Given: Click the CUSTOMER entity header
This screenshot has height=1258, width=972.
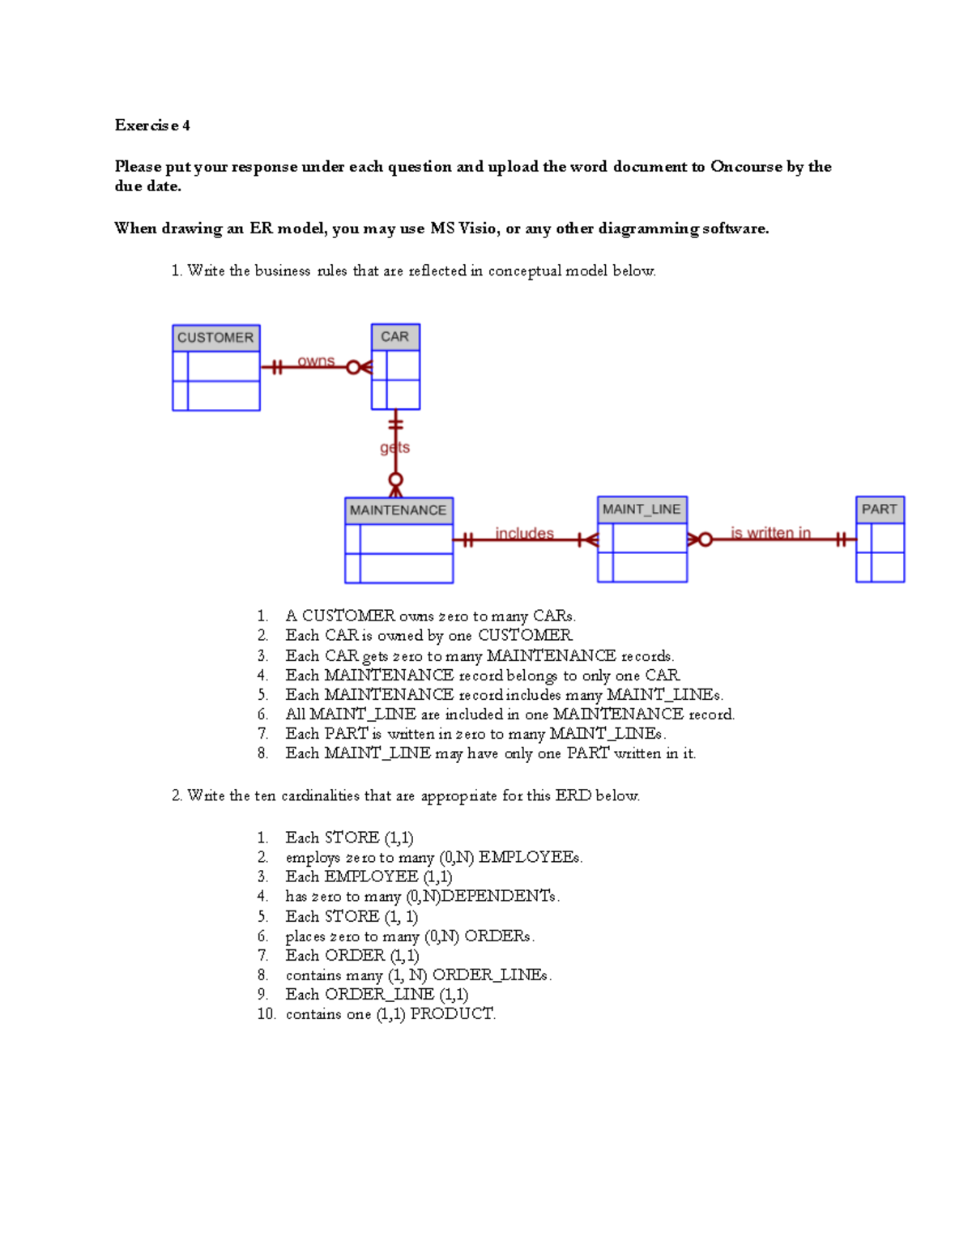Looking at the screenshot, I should pos(215,338).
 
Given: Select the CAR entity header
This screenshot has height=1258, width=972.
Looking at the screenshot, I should pos(395,337).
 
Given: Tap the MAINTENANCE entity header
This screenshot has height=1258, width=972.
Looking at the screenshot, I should pos(399,510).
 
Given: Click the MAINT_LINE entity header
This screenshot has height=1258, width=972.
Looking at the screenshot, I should pos(642,510).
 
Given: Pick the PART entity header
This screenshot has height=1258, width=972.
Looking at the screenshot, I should pos(880,510).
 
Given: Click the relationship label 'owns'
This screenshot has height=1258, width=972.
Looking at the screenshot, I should pos(316,361).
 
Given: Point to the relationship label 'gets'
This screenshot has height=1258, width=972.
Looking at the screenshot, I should pos(395,447).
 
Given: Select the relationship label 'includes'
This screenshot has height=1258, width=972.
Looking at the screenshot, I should pos(525,533).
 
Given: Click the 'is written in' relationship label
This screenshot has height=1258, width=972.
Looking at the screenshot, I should pos(770,532).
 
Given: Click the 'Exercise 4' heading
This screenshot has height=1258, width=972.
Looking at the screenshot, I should pos(152,125).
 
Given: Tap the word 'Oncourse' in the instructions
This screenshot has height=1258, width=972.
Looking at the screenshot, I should pos(746,166).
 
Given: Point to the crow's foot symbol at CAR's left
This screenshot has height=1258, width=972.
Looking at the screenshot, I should pos(365,368).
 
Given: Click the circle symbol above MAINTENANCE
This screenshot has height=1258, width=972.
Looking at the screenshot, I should pos(395,480).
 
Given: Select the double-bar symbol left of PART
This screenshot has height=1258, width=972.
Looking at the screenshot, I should pos(842,539).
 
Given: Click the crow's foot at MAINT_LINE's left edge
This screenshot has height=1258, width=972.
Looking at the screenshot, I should pos(591,539).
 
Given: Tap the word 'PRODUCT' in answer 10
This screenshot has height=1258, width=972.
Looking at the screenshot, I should pos(451,1013).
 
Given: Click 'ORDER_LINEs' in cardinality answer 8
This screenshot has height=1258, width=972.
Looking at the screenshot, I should pos(490,974).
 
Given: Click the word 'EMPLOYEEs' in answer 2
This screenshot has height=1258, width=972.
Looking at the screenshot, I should pos(530,857).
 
